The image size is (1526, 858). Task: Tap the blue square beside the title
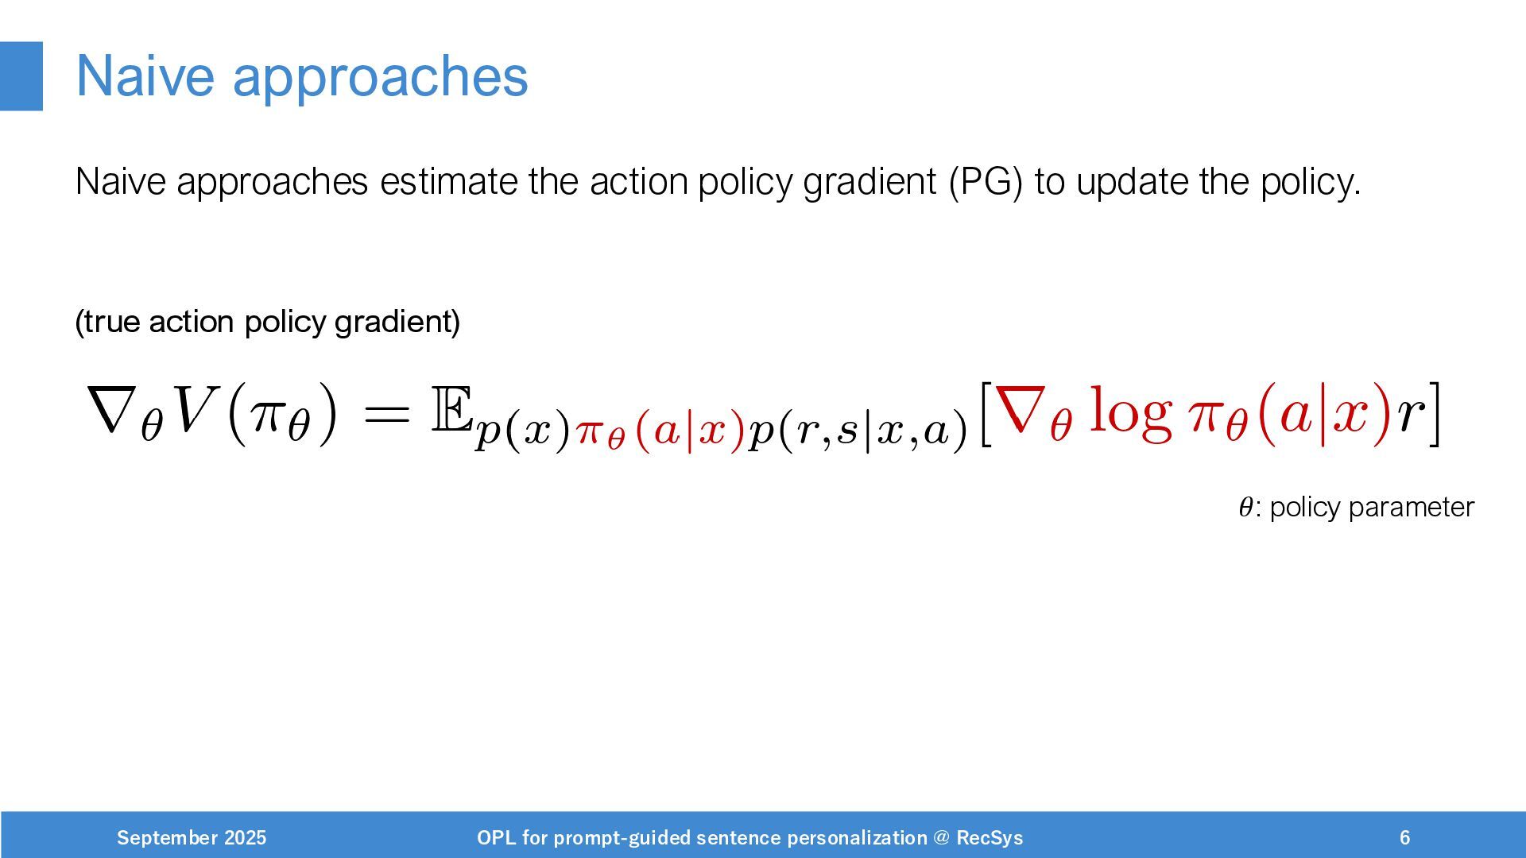tap(21, 76)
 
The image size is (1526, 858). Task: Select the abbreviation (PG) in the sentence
tap(986, 182)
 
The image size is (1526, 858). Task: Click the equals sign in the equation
tap(385, 414)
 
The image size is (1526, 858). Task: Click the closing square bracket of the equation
tap(1434, 414)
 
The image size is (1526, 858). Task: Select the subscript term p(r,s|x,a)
tap(858, 431)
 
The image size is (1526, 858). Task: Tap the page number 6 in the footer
tap(1405, 838)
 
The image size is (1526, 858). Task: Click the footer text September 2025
tap(192, 838)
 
